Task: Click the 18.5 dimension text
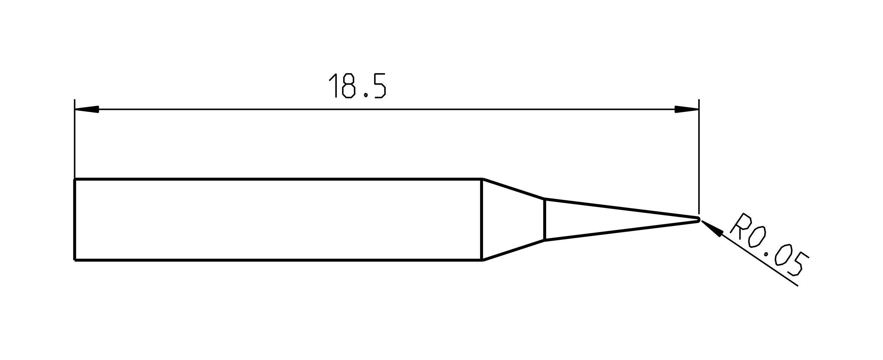point(357,86)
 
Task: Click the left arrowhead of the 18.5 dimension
point(87,109)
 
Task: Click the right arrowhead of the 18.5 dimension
point(686,109)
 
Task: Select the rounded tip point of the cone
point(698,220)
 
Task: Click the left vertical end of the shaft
point(74,220)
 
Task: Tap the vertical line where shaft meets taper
point(482,220)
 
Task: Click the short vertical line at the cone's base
point(544,220)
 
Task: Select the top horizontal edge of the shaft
point(277,179)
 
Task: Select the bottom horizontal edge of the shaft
point(277,260)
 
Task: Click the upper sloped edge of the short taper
point(513,189)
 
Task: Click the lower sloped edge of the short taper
point(513,250)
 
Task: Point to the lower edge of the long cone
point(622,231)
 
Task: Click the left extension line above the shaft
point(74,140)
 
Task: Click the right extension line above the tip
point(699,158)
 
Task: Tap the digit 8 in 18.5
point(348,86)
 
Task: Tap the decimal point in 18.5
point(366,95)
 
